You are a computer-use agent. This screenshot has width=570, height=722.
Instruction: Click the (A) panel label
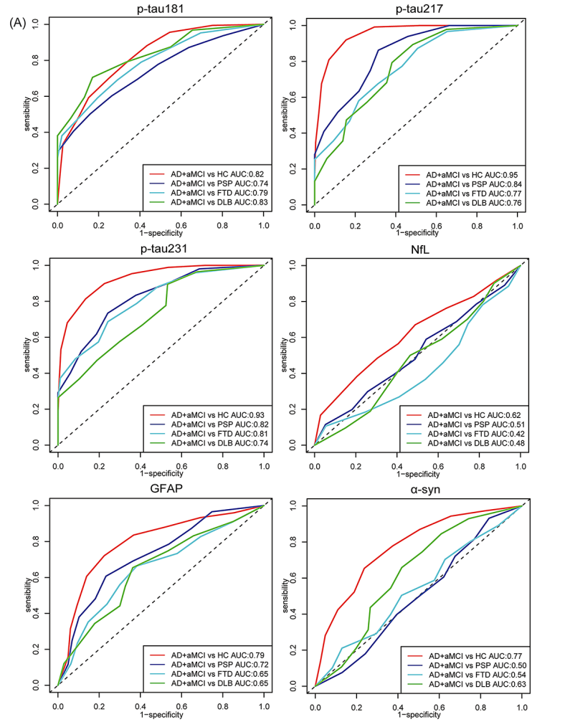19,23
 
